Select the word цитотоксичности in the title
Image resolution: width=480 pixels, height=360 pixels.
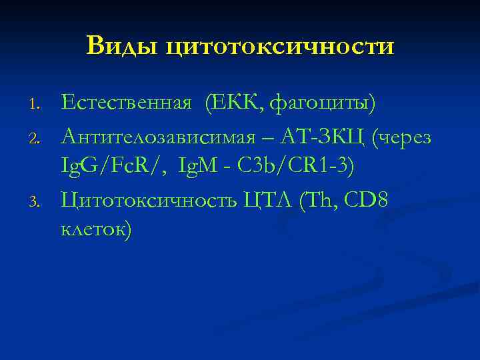tap(279, 47)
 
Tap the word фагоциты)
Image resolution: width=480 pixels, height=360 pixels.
tap(325, 105)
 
